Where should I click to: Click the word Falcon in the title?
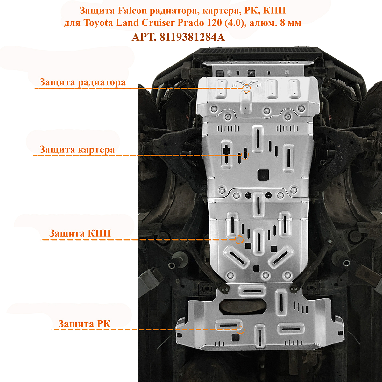point(132,10)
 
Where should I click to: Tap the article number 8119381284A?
point(192,37)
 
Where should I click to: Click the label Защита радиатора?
point(83,82)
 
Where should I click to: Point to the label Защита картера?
point(77,150)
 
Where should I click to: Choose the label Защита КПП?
point(80,233)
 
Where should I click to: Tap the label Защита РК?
point(84,324)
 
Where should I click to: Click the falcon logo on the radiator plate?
point(247,84)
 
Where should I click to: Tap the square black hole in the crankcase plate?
point(263,175)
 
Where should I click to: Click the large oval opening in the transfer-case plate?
point(243,306)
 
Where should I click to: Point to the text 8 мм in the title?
point(291,23)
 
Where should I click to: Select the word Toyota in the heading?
point(98,23)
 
